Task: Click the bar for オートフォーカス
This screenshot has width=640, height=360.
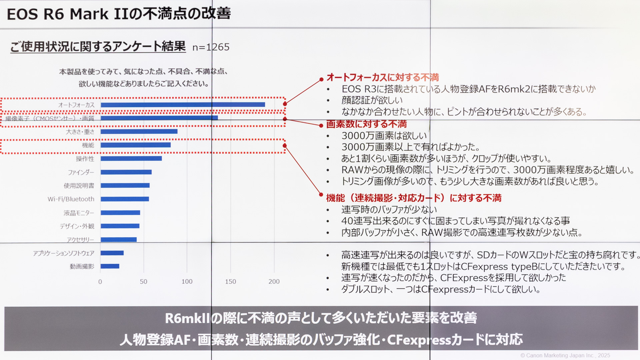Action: [183, 105]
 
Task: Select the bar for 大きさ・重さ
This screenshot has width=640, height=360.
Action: [139, 131]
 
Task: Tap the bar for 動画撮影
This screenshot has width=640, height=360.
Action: [110, 266]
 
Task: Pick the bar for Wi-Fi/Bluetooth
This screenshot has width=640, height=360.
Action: [125, 199]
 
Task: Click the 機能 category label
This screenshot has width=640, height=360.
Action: [88, 145]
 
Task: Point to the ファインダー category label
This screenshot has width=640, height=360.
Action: [81, 172]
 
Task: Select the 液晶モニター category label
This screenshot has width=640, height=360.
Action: [79, 213]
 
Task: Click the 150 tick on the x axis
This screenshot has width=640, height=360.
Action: [230, 282]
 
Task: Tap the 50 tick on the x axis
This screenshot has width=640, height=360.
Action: [143, 282]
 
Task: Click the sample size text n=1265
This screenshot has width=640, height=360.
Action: [211, 47]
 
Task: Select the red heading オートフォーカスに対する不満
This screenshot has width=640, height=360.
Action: [382, 77]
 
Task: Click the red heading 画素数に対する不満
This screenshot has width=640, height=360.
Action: [366, 124]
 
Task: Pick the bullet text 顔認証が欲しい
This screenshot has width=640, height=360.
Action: [372, 100]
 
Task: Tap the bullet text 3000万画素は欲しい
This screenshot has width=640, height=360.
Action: [384, 136]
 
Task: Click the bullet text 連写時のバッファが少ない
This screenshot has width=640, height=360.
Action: [389, 209]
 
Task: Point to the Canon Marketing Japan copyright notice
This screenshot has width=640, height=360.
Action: [565, 355]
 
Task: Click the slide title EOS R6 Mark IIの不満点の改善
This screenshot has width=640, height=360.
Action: [119, 14]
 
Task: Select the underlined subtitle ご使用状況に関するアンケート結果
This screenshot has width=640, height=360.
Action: [98, 47]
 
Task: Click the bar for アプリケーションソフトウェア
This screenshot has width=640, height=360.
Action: [112, 253]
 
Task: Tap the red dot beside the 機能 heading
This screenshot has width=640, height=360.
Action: [321, 194]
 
